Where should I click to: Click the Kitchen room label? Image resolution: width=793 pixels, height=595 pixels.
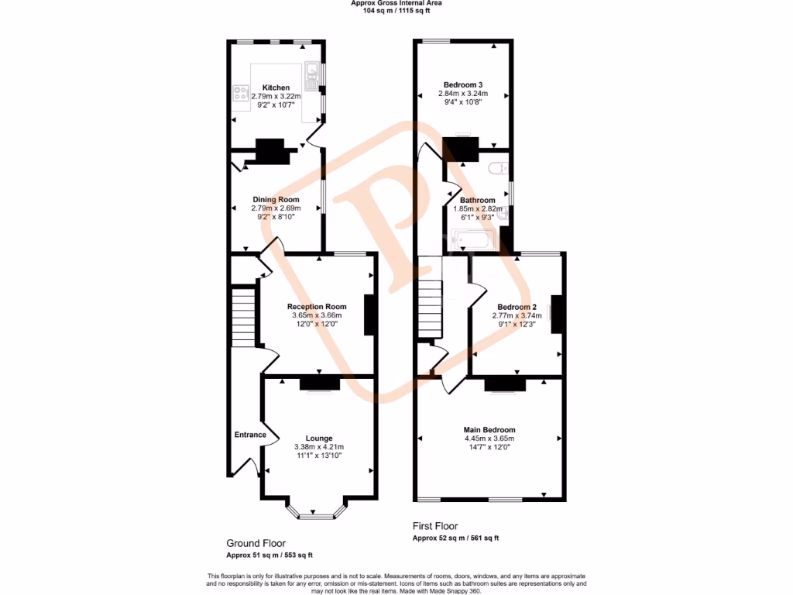pos(276,88)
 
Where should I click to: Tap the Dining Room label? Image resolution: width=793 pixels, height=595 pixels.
pos(275,200)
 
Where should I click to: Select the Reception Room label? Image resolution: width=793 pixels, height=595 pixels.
pos(316,306)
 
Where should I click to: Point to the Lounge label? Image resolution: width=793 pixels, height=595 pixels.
pos(318,438)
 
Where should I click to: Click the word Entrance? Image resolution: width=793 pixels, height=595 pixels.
pos(250,435)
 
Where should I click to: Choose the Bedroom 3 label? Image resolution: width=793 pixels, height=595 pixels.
pos(462,84)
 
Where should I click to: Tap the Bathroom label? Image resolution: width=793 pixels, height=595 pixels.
pos(477,200)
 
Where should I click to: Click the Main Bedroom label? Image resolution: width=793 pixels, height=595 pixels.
pos(489,430)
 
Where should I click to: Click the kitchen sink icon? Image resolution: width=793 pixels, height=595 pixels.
pos(314,72)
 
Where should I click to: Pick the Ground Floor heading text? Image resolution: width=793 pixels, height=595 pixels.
pos(256,543)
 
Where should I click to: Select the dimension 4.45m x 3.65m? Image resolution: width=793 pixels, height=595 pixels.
pos(489,439)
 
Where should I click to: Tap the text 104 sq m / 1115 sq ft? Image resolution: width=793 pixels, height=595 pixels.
pos(396,11)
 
